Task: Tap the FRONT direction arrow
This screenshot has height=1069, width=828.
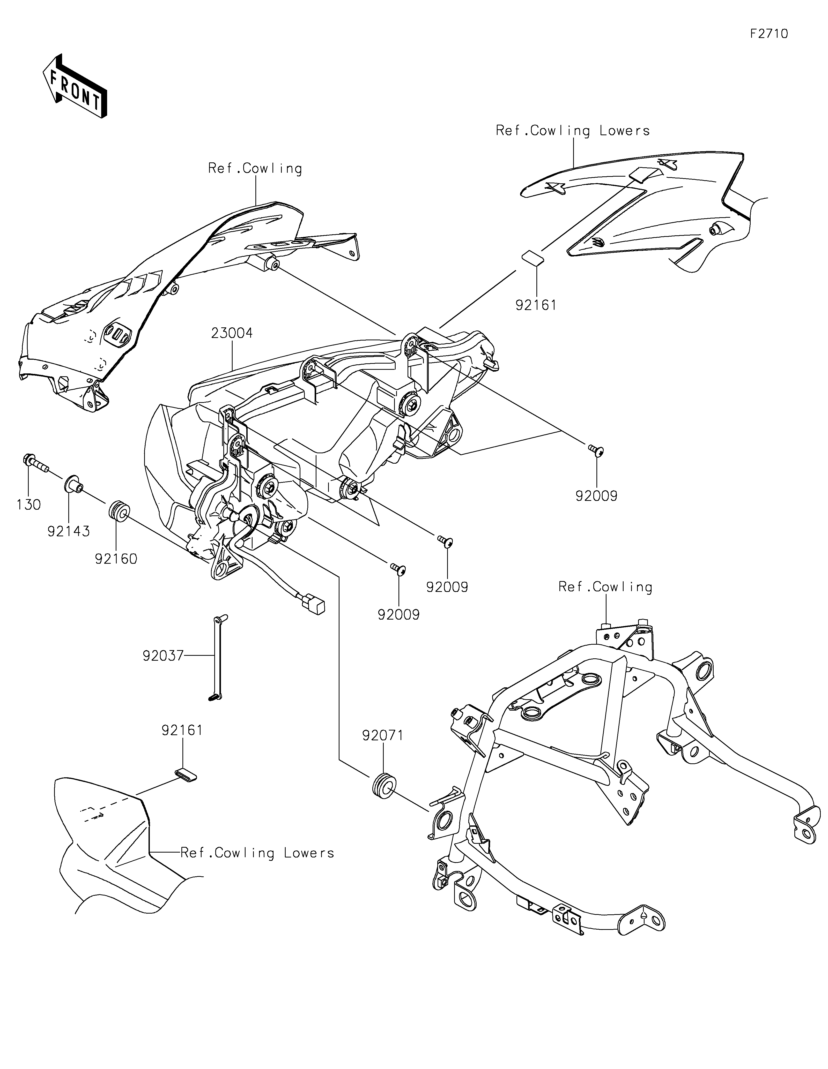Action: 75,86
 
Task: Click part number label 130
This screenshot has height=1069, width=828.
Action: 29,505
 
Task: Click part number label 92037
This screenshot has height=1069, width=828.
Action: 163,656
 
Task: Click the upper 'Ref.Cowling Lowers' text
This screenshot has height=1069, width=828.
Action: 573,131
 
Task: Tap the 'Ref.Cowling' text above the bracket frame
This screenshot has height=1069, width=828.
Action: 606,587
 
